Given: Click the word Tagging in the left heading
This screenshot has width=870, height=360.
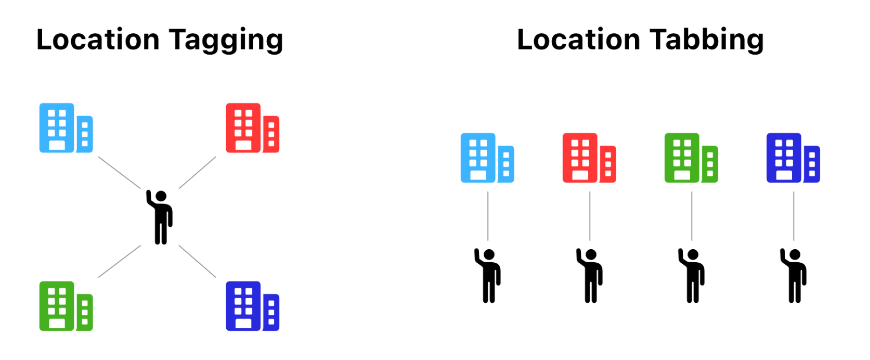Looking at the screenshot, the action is pos(226,40).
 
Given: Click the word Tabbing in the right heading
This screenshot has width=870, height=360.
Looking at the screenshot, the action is pos(707,40).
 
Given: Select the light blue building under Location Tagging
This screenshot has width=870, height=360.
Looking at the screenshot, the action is pos(66,128).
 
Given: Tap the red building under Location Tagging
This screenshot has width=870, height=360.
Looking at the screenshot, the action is pos(252,128).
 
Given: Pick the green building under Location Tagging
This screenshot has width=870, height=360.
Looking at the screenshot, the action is pos(66,306).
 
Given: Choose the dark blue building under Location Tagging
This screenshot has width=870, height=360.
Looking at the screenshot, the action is pos(252,306).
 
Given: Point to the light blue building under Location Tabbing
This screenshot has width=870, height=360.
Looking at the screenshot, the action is pos(487,158).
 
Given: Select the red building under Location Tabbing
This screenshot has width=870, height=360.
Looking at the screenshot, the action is pos(589,158).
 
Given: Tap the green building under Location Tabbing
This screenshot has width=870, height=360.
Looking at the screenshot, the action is pos(691,158).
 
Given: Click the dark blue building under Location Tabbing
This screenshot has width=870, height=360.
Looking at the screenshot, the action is pos(793,158).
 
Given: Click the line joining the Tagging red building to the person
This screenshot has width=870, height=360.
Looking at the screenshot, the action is pos(198,172).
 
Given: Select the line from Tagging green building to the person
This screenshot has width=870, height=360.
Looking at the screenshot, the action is pos(120,261).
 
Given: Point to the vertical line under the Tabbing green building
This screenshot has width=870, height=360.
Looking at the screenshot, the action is pos(692,216).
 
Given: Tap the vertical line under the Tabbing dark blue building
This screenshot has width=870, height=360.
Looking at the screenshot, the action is pos(794,216).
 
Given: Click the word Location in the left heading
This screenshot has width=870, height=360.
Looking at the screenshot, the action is pos(98,40).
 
